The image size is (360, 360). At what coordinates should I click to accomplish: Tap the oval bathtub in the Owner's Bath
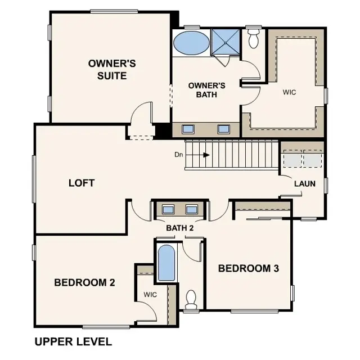[x=190, y=43]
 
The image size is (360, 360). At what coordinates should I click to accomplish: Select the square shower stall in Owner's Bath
[x=225, y=42]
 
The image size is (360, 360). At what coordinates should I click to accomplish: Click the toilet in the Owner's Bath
[x=253, y=38]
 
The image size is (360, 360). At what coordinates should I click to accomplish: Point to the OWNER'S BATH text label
[x=206, y=90]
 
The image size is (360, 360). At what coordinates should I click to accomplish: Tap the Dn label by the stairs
[x=179, y=155]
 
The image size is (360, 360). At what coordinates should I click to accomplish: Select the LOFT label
[x=81, y=183]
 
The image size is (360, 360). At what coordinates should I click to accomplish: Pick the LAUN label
[x=304, y=183]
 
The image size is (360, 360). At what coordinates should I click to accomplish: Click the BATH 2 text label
[x=180, y=228]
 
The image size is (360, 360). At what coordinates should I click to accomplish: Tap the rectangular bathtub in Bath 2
[x=166, y=263]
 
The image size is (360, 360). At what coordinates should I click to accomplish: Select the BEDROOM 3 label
[x=248, y=268]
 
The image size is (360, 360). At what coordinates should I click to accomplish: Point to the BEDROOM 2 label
[x=84, y=282]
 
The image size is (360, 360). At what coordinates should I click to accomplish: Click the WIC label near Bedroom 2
[x=150, y=294]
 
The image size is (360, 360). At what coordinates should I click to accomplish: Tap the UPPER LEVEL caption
[x=73, y=341]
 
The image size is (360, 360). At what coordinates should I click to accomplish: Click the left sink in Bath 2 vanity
[x=168, y=210]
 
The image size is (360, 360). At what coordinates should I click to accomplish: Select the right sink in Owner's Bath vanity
[x=223, y=129]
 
